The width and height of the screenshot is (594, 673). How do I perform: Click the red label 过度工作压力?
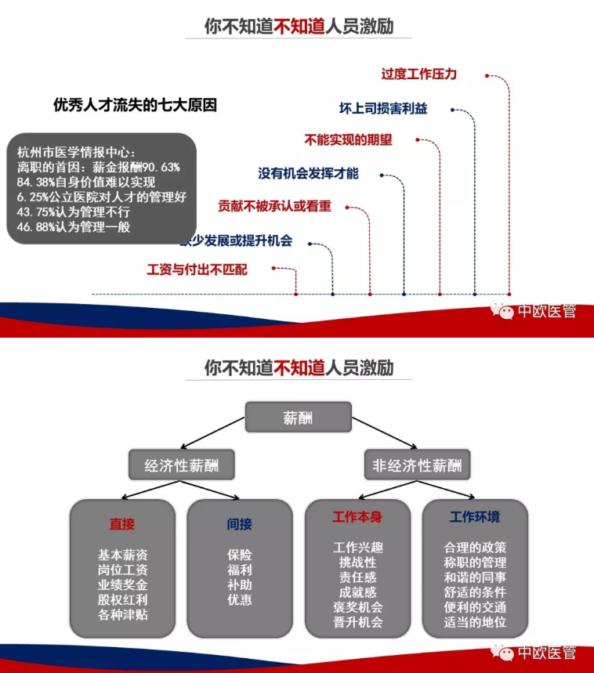[x=419, y=74]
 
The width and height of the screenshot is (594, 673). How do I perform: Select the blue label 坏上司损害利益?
[x=383, y=109]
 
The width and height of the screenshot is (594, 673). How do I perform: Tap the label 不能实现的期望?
[x=348, y=140]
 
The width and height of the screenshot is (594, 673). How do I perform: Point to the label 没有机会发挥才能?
[x=308, y=173]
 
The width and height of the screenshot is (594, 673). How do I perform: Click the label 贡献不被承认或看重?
[x=275, y=207]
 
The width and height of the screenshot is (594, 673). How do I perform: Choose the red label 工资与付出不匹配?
[x=197, y=270]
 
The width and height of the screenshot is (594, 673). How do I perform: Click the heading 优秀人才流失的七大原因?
[x=136, y=105]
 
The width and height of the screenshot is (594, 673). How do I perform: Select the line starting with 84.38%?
[x=86, y=182]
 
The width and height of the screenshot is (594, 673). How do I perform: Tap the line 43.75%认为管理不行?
[x=74, y=212]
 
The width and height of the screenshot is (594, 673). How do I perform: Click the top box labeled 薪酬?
[x=299, y=417]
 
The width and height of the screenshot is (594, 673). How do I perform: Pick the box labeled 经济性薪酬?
[x=182, y=465]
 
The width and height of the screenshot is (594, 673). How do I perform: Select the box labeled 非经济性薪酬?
[x=417, y=465]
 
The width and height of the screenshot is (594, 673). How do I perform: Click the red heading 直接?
[x=122, y=524]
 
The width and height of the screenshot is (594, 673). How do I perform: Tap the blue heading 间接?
[x=240, y=524]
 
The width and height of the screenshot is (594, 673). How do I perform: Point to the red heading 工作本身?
[x=357, y=517]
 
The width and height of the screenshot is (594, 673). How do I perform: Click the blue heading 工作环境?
[x=475, y=517]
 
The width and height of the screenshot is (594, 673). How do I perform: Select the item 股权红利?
[x=123, y=599]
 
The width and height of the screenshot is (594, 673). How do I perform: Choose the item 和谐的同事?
[x=475, y=577]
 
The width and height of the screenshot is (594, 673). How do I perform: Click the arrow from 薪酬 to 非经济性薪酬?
[x=385, y=433]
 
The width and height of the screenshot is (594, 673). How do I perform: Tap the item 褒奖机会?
[x=357, y=607]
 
